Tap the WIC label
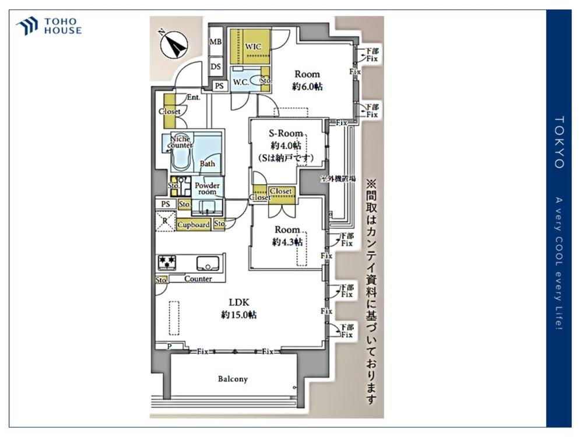pos(253,46)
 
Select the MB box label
pos(216,42)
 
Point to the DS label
pos(216,66)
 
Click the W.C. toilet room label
pos(241,82)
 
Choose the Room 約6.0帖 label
pos(307,80)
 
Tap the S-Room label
pos(286,134)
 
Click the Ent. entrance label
pos(194,98)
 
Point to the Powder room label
pos(207,188)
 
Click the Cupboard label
pos(194,224)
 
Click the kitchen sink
pos(207,263)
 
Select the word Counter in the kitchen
pos(198,279)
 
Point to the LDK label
pos(239,302)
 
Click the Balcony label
pos(233,379)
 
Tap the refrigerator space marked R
pos(166,221)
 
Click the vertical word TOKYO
pos(559,143)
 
